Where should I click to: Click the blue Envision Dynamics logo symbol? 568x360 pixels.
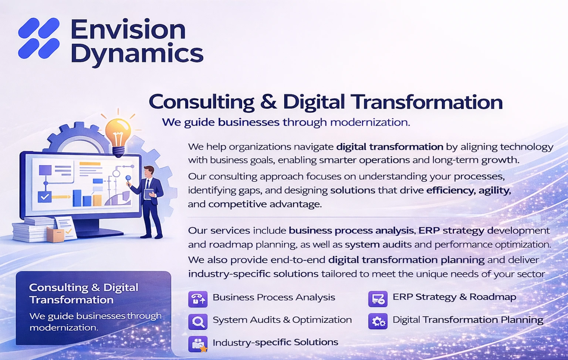click(x=39, y=38)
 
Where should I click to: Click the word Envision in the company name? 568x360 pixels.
click(x=128, y=30)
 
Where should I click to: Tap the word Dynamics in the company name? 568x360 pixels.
click(x=137, y=54)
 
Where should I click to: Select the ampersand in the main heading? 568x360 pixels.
click(x=268, y=102)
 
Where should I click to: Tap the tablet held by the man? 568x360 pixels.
click(x=149, y=194)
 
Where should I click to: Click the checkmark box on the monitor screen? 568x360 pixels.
click(x=44, y=197)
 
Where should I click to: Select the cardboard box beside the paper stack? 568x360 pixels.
click(x=55, y=234)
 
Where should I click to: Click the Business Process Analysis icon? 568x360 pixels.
click(x=198, y=299)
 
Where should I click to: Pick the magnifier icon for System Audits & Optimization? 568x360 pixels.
click(x=198, y=322)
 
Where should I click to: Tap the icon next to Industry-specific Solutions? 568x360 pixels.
click(x=198, y=344)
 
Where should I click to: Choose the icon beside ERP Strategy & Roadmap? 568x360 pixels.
click(x=378, y=299)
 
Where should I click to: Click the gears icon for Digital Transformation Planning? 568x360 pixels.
click(x=378, y=321)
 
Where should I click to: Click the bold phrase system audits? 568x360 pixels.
click(x=378, y=245)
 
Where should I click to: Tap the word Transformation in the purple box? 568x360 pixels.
click(x=71, y=300)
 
